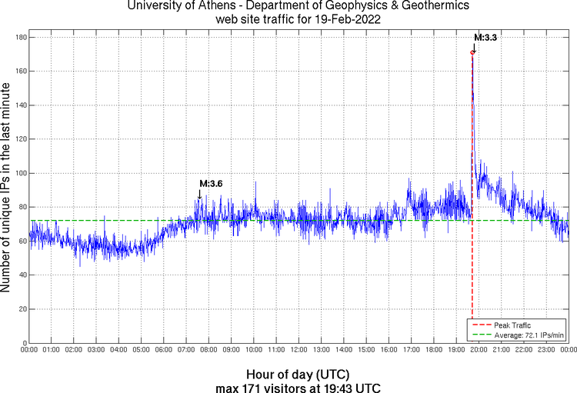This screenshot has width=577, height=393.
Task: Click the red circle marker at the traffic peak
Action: (472, 52)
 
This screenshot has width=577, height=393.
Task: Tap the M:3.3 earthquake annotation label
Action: (485, 37)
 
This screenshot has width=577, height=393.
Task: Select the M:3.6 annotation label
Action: (211, 184)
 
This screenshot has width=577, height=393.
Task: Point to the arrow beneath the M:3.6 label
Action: (200, 195)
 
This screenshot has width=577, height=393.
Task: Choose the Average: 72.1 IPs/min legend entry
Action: (520, 335)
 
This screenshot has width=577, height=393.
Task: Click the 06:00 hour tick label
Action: (164, 349)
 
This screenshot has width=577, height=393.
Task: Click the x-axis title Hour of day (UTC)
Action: (297, 371)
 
